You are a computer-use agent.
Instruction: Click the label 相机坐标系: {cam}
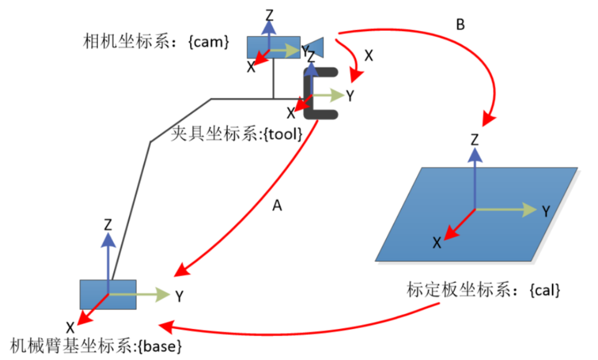[156, 41]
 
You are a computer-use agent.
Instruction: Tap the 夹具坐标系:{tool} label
[236, 133]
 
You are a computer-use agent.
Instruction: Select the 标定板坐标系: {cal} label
[483, 290]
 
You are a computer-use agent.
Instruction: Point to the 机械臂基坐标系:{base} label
[96, 346]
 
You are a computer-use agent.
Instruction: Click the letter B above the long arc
[460, 25]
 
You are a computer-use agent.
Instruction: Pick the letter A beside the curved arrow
[277, 206]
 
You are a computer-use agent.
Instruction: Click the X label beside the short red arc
[368, 56]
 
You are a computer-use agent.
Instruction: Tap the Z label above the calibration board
[475, 140]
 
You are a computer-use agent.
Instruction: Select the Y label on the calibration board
[546, 211]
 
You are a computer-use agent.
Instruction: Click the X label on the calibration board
[437, 243]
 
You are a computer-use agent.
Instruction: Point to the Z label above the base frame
[108, 225]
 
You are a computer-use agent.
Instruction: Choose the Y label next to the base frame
[179, 296]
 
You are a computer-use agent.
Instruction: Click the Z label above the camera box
[270, 16]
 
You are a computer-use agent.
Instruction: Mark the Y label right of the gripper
[350, 96]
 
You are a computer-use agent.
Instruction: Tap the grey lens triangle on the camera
[315, 47]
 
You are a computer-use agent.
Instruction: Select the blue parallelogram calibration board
[476, 214]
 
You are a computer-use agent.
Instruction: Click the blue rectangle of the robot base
[108, 295]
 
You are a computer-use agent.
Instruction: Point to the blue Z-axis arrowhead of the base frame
[109, 240]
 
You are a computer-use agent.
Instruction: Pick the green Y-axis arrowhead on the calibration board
[530, 209]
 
